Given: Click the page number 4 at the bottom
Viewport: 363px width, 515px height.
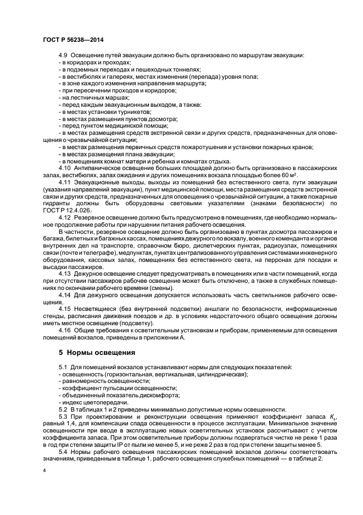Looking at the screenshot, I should click(x=43, y=472).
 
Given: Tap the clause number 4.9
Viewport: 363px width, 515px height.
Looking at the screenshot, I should click(x=63, y=56).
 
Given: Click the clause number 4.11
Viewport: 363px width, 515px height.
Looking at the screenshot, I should click(x=64, y=181).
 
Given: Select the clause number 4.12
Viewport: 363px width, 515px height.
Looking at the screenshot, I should click(x=64, y=216).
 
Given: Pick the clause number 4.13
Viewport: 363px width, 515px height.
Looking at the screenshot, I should click(x=64, y=272).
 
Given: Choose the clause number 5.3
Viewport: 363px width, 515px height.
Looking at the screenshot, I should click(x=63, y=417).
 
